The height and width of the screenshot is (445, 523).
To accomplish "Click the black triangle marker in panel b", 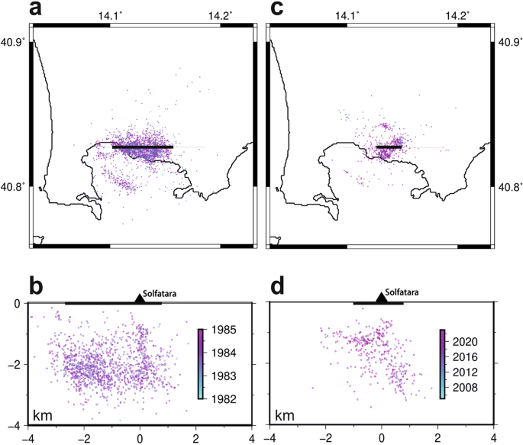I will [x=139, y=298].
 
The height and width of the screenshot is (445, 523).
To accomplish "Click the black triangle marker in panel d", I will [x=381, y=298].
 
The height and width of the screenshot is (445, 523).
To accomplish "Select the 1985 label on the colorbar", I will [x=219, y=331].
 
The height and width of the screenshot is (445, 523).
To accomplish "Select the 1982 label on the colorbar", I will [x=219, y=398].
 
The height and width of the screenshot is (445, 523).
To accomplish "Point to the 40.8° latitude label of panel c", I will [x=508, y=186].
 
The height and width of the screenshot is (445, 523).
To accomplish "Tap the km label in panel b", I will [x=43, y=415].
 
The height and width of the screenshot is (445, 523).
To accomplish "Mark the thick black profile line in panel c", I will [x=389, y=146].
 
